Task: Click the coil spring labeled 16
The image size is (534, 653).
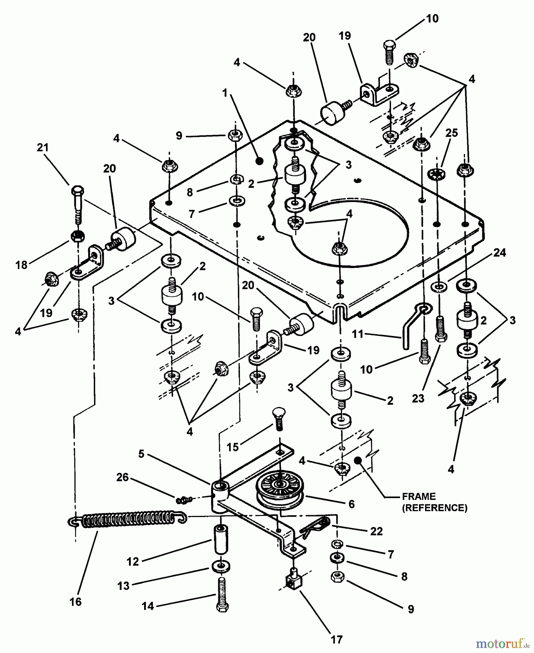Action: coord(127,520)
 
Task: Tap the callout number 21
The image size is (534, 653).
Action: coord(42,148)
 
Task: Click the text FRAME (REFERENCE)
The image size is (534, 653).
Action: coord(435,502)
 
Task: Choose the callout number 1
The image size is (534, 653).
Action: coord(225,93)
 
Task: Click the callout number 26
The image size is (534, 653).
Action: coord(122,477)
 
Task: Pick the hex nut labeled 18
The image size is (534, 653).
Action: coord(77,236)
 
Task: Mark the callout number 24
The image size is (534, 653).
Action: coord(500,252)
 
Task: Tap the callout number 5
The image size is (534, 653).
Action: coord(141,454)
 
